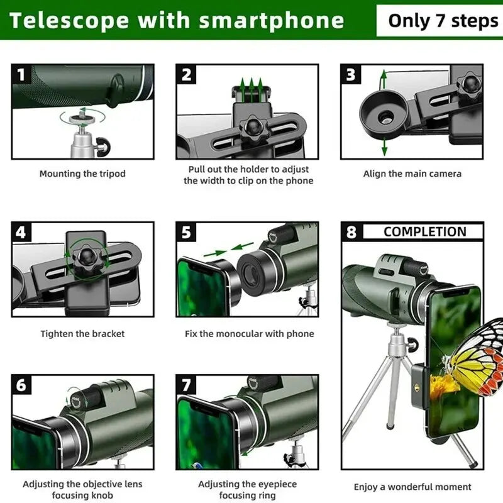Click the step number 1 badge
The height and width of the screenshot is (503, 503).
[x=22, y=75]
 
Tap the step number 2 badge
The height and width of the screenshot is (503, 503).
[x=187, y=75]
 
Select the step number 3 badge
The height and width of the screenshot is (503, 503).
[x=351, y=75]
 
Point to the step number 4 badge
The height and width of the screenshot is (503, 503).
[x=22, y=233]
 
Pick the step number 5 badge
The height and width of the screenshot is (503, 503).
[x=187, y=233]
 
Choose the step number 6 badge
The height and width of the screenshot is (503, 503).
[x=22, y=385]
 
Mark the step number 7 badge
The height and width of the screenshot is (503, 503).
[x=187, y=385]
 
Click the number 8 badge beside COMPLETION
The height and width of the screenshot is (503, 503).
[x=351, y=232]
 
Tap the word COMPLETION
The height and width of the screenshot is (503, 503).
[x=424, y=231]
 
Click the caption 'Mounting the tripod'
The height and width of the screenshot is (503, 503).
[x=82, y=174]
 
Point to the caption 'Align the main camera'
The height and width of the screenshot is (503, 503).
[x=412, y=174]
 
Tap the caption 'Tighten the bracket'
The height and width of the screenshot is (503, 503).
[x=82, y=334]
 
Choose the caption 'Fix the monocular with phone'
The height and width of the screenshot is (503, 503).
[x=249, y=334]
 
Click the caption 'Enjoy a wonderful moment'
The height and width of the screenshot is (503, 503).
[x=412, y=487]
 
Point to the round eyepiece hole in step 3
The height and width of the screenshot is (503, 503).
[x=382, y=116]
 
